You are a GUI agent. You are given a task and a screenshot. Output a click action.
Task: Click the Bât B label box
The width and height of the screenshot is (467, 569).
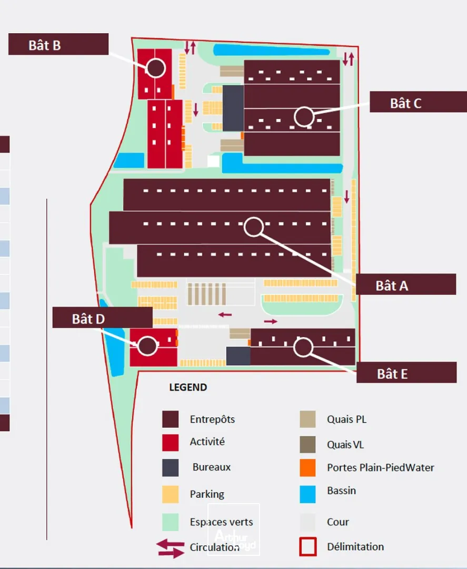[58, 44]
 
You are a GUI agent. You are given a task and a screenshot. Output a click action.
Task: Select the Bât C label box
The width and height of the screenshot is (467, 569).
[419, 102]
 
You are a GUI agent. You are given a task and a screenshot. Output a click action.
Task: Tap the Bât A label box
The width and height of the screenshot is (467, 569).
[406, 284]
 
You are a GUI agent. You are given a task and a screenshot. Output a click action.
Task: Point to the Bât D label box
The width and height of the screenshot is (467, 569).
[103, 318]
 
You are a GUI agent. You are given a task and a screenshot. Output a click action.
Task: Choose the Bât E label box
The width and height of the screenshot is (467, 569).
[406, 372]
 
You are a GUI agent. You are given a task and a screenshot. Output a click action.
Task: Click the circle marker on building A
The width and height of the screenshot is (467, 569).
[253, 227]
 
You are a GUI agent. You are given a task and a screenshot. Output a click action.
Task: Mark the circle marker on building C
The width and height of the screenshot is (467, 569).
[304, 117]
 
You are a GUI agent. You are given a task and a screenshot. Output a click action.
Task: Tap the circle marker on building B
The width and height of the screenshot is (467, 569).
[156, 68]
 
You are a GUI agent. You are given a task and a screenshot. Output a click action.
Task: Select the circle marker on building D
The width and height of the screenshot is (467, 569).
[147, 346]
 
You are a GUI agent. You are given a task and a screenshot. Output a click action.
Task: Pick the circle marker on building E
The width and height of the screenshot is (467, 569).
[303, 347]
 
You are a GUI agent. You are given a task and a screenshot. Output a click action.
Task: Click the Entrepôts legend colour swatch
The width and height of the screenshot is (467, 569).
[171, 419]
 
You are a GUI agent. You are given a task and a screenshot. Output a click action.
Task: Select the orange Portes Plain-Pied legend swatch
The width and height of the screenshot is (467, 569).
[308, 467]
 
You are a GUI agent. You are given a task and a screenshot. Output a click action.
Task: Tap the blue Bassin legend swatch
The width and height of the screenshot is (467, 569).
[308, 494]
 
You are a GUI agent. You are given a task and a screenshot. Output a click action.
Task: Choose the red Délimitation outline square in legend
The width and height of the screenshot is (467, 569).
[308, 546]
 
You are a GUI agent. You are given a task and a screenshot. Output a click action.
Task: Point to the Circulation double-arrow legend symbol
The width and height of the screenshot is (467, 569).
[170, 548]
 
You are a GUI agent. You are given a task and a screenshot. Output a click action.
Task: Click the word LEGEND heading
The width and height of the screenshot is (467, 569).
[188, 387]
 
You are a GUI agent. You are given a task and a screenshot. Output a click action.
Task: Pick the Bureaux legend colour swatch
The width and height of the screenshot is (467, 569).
[171, 468]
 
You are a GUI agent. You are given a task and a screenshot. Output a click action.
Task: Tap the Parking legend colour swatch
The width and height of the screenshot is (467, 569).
[171, 494]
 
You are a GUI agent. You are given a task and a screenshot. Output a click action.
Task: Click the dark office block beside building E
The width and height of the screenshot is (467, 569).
[238, 356]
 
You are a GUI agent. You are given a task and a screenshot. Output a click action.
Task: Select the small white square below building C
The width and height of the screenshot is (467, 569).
[213, 161]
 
